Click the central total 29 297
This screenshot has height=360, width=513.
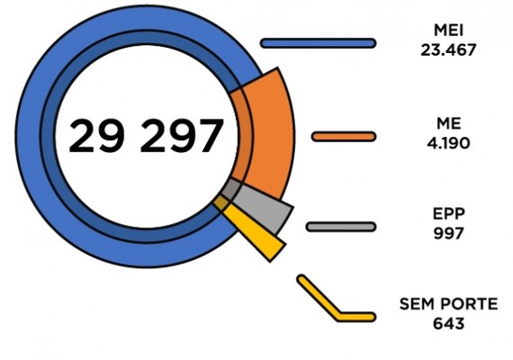point(146,136)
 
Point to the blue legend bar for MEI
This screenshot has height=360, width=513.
point(318,43)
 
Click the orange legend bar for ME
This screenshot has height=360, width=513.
point(344,137)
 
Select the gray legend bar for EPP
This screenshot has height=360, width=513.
point(341,227)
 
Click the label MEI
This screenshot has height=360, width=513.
point(448,31)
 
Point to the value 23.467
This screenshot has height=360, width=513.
point(448,50)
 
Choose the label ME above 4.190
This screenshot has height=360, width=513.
point(448,123)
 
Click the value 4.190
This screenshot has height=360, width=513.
point(448,143)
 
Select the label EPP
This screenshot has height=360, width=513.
point(448,213)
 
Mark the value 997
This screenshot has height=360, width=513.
point(448,233)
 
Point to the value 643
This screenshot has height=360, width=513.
point(448,324)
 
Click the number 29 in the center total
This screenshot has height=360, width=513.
point(96,136)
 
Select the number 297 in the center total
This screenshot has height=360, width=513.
point(182,136)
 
